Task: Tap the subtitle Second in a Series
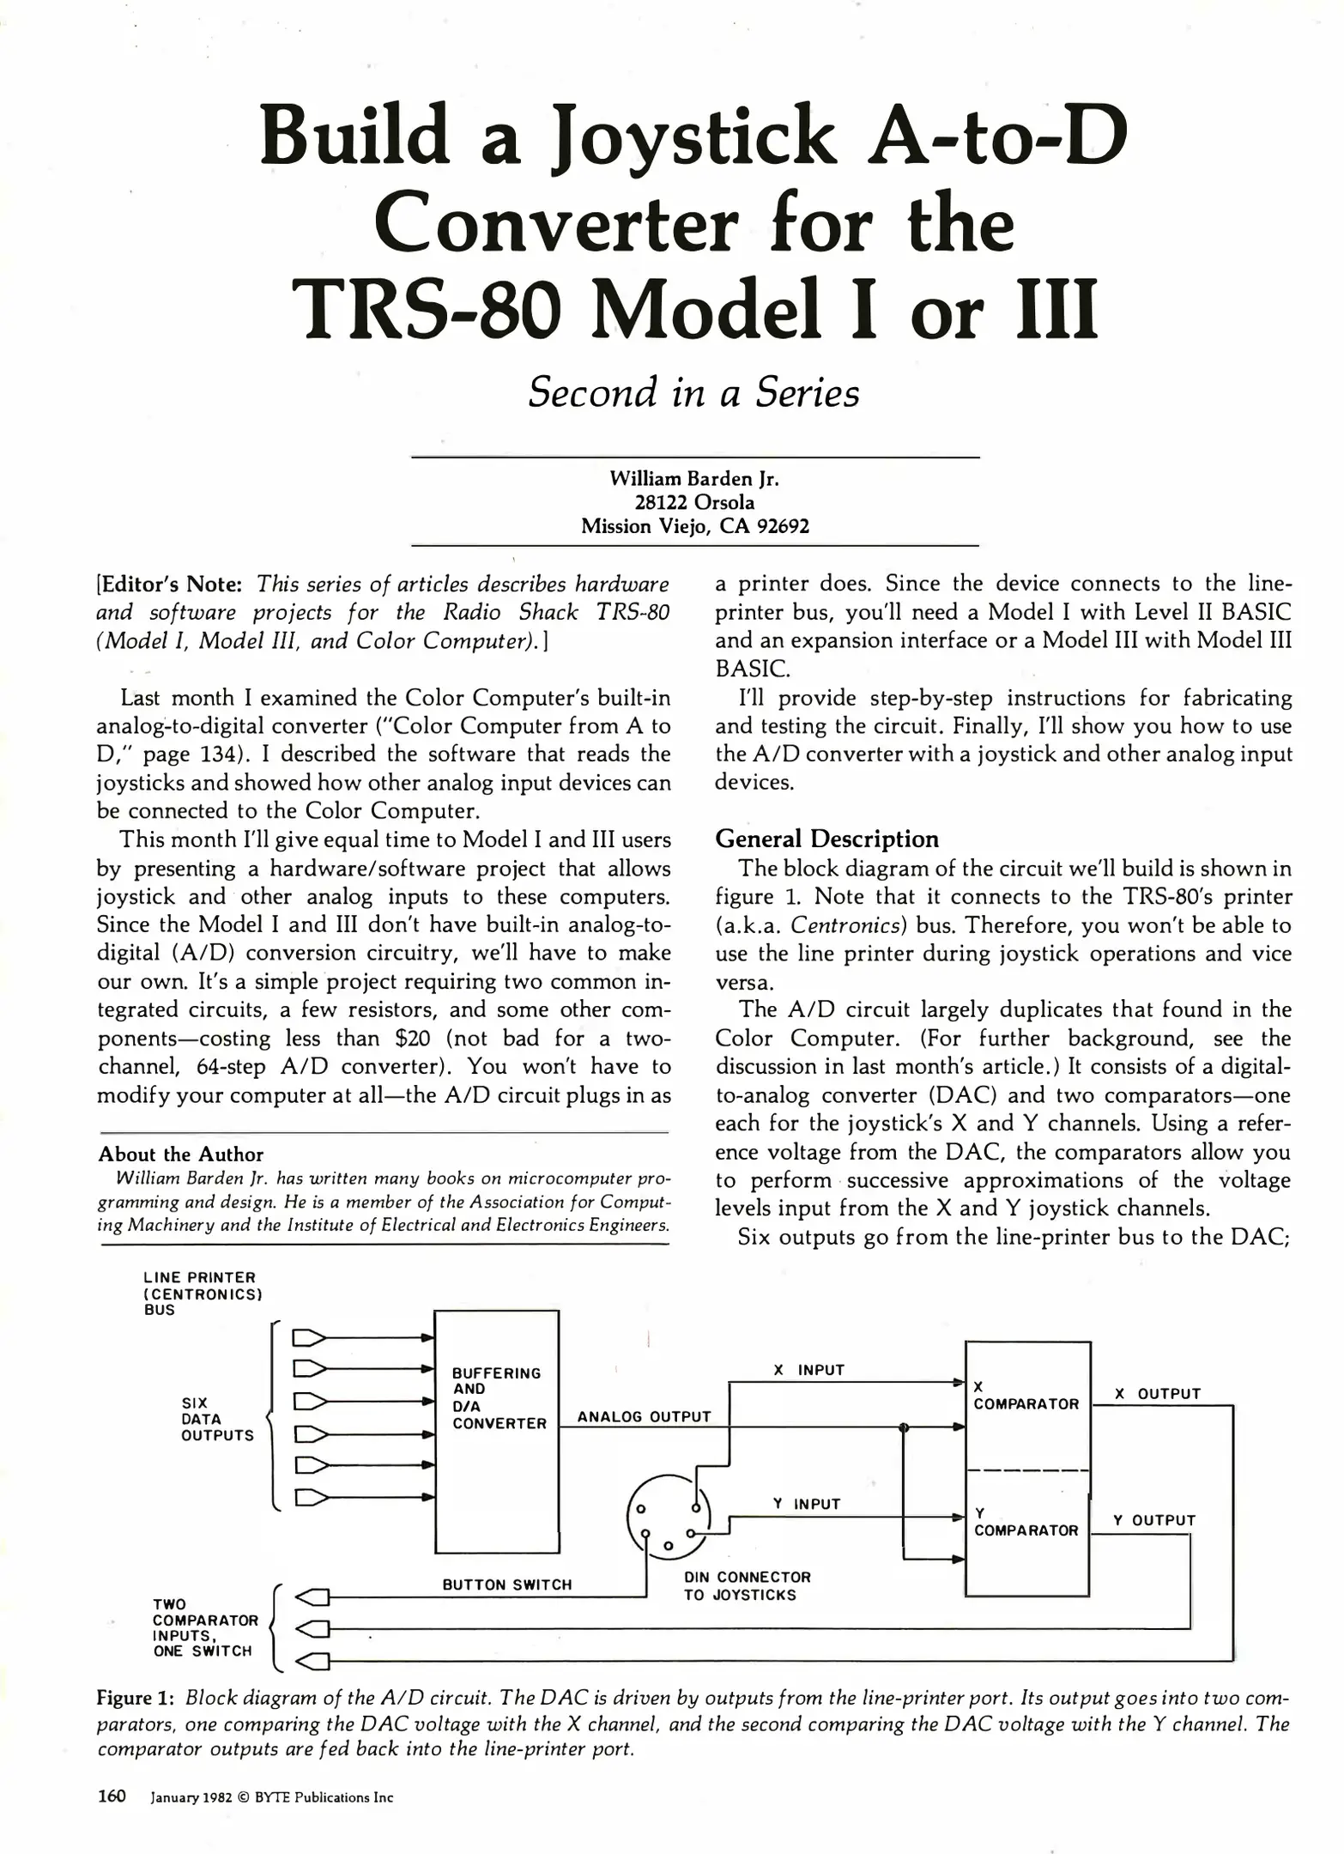[x=693, y=392]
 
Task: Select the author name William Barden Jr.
[x=694, y=478]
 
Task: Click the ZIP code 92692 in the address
[x=783, y=525]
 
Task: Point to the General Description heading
[x=826, y=839]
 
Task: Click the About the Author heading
[x=180, y=1154]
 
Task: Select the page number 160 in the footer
[x=112, y=1796]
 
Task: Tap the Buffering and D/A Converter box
[x=497, y=1432]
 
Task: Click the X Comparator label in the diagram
[x=1026, y=1396]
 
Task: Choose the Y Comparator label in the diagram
[x=1026, y=1522]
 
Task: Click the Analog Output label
[x=644, y=1416]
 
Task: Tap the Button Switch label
[x=506, y=1584]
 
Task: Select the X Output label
[x=1157, y=1394]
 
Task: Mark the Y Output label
[x=1154, y=1520]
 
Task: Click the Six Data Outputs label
[x=217, y=1419]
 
